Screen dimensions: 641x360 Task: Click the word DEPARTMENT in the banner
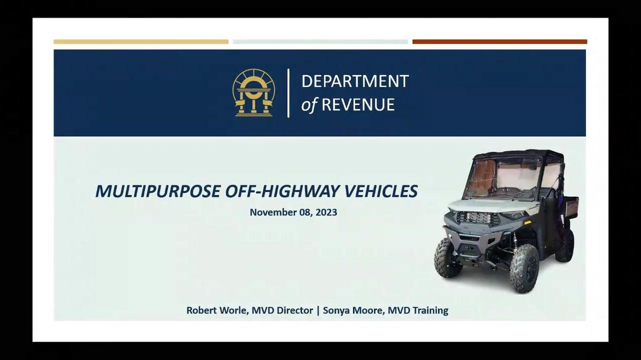coord(355,81)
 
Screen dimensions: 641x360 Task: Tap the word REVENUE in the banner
coord(358,105)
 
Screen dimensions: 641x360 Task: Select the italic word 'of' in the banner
coord(309,105)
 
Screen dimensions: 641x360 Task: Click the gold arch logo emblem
coord(254,93)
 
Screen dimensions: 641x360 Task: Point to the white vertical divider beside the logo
coord(288,93)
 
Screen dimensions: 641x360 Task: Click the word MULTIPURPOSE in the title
coord(158,191)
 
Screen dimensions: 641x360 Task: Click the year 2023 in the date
coord(327,213)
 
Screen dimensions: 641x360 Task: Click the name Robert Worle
coord(217,310)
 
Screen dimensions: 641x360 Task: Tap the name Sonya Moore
coord(354,310)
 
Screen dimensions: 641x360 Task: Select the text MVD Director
coord(283,310)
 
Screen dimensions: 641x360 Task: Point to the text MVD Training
coord(418,310)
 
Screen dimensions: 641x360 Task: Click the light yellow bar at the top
coord(141,42)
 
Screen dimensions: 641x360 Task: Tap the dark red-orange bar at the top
coord(499,42)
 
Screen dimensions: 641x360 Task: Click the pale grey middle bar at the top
coord(320,42)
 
